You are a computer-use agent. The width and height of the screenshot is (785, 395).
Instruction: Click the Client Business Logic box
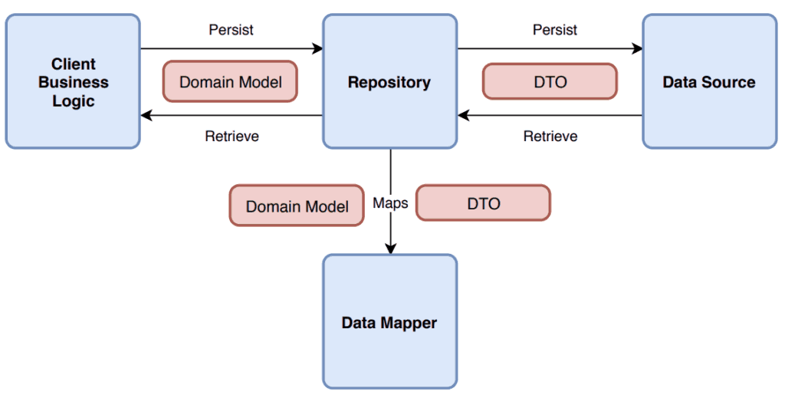[x=73, y=82]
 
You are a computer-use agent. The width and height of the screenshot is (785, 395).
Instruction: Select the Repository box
[x=389, y=82]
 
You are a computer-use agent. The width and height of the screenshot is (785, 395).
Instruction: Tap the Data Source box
[x=708, y=82]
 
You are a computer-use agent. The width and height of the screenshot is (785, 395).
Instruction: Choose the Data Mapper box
[x=389, y=321]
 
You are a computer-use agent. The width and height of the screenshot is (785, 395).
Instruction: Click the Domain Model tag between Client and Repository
[x=230, y=82]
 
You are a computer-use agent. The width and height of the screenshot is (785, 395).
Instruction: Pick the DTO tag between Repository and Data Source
[x=550, y=82]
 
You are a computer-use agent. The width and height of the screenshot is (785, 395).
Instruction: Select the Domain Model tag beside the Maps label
[x=297, y=206]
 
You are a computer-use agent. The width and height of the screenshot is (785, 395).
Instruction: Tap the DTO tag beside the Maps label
[x=483, y=203]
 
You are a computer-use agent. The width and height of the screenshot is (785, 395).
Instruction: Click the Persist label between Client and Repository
[x=231, y=30]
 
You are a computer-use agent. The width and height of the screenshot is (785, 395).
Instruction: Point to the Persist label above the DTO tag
[x=555, y=30]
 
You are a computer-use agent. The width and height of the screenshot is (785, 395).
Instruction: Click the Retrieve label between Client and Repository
[x=232, y=137]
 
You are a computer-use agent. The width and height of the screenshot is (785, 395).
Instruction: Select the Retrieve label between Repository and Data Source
[x=550, y=137]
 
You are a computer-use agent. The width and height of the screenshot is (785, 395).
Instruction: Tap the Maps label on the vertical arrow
[x=390, y=203]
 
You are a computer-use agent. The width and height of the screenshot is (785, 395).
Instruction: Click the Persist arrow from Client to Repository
[x=230, y=49]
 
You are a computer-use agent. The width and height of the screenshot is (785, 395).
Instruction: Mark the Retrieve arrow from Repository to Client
[x=230, y=116]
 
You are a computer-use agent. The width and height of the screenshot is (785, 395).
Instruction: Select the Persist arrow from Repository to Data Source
[x=550, y=49]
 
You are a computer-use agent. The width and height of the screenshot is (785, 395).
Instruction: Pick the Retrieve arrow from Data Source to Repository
[x=550, y=116]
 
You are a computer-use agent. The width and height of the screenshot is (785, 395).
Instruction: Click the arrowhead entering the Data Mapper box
[x=390, y=248]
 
